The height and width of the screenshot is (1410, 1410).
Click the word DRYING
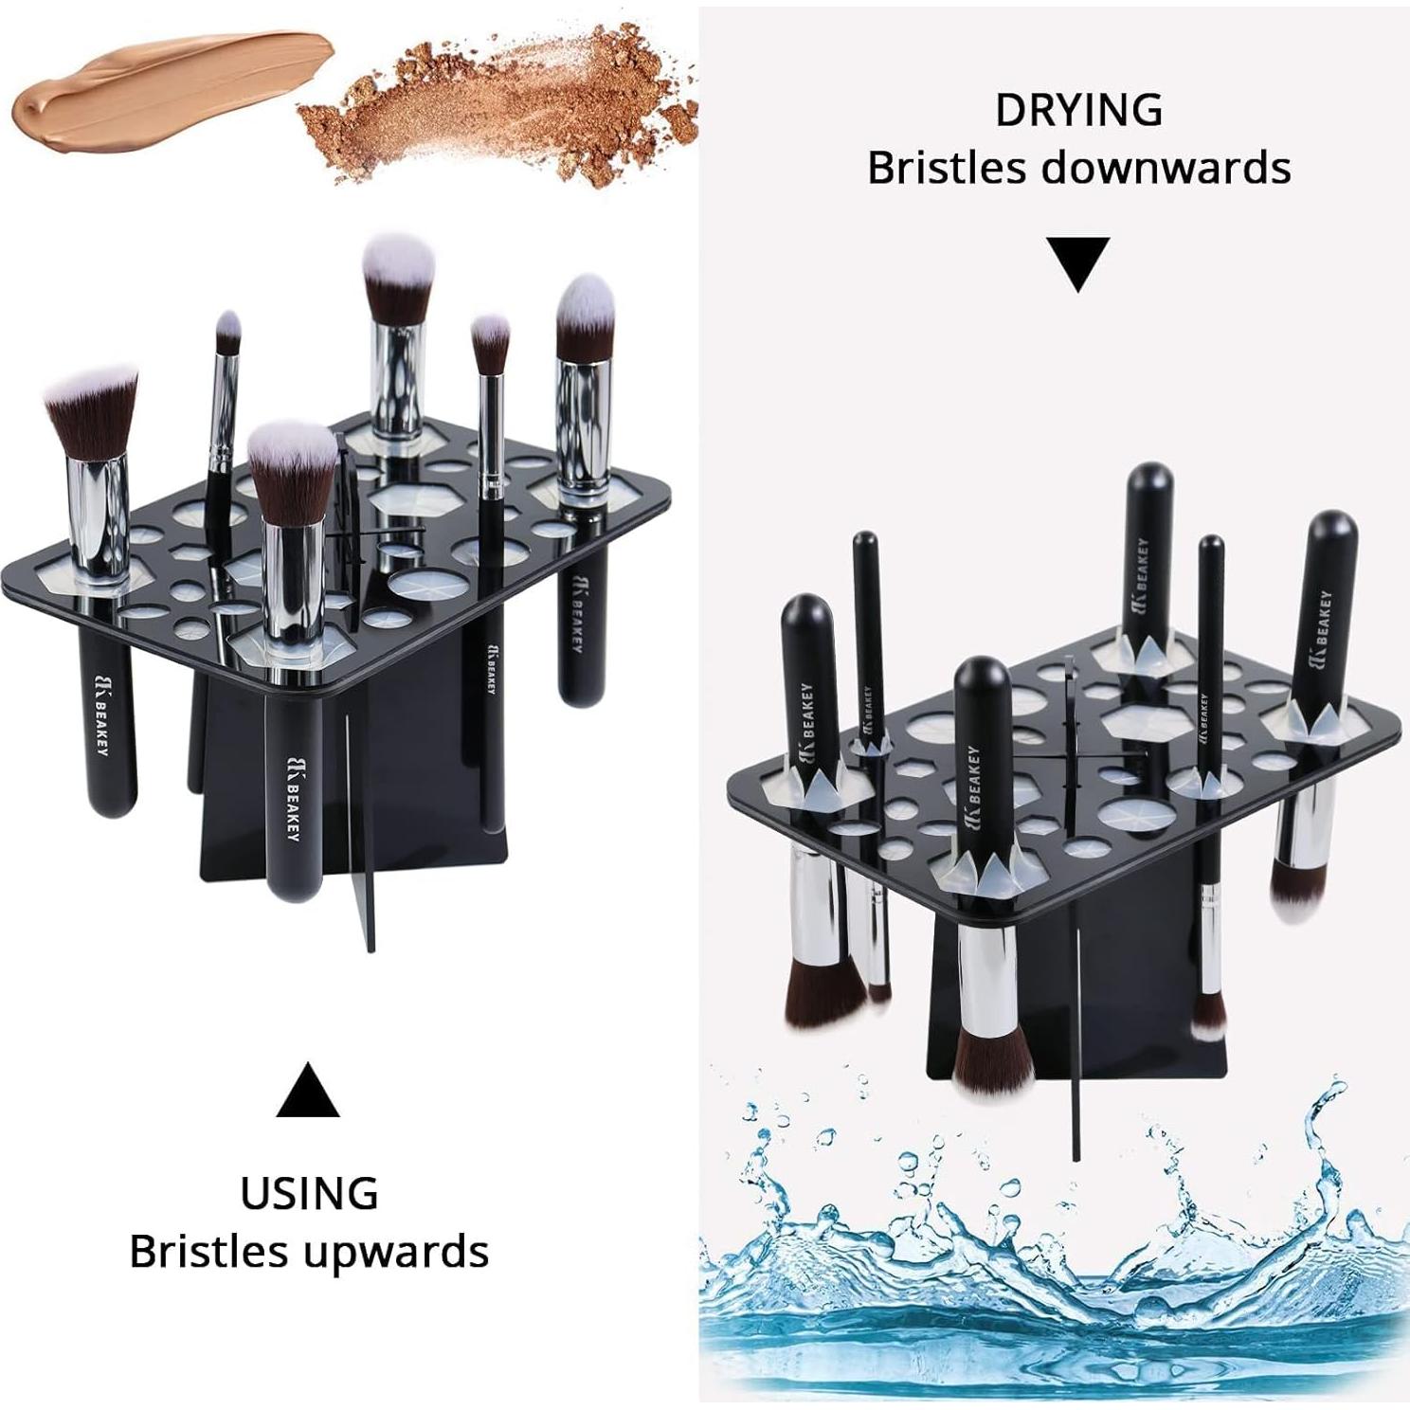[x=1078, y=110]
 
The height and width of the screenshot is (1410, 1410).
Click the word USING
[x=309, y=1193]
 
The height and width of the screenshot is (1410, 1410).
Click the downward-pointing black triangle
[x=1078, y=262]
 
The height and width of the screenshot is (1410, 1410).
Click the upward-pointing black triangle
[x=308, y=1092]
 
